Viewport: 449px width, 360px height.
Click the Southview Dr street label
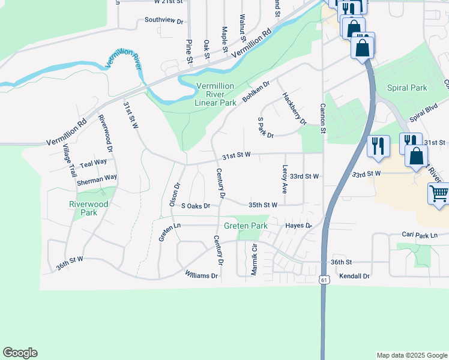pyautogui.click(x=164, y=20)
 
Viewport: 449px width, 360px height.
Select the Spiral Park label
pyautogui.click(x=407, y=88)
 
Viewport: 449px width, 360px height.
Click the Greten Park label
pyautogui.click(x=246, y=226)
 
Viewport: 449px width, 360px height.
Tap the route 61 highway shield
pyautogui.click(x=324, y=280)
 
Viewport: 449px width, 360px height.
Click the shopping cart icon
pyautogui.click(x=439, y=194)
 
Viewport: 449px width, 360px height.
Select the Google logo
pyautogui.click(x=20, y=353)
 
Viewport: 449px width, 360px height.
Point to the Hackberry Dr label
pyautogui.click(x=294, y=109)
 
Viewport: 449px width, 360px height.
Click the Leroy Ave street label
pyautogui.click(x=285, y=179)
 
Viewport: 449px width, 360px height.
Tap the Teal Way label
pyautogui.click(x=93, y=162)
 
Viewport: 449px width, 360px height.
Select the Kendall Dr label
pyautogui.click(x=354, y=276)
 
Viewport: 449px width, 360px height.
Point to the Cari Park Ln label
pyautogui.click(x=420, y=235)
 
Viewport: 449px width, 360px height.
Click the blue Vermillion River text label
pyautogui.click(x=122, y=60)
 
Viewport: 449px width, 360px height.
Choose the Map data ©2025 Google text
pyautogui.click(x=411, y=355)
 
